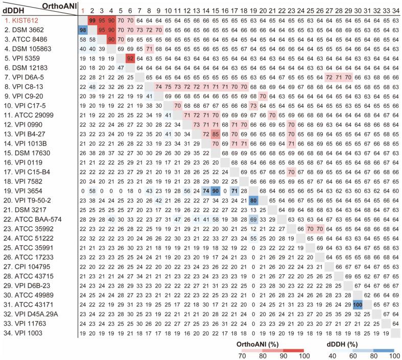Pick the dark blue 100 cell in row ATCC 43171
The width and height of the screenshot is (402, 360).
point(358,303)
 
